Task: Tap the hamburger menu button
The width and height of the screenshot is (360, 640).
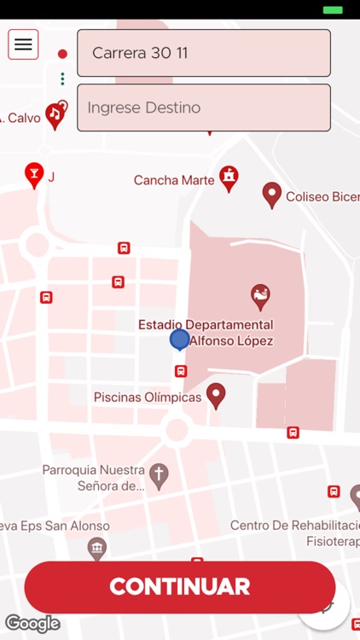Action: pos(23,44)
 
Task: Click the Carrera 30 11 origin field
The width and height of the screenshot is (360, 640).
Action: pos(203,53)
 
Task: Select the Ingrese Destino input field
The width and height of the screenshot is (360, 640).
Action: pos(203,108)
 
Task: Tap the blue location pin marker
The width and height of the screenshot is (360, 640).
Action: pos(179,340)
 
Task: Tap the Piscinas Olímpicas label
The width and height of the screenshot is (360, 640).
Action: pos(148,397)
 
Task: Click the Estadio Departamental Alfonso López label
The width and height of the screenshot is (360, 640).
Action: pos(206,333)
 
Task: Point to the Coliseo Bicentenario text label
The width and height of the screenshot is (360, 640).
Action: pos(322,197)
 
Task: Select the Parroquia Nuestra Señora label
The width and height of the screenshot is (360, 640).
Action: pos(93,478)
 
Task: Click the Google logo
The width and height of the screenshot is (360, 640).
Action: pos(32,623)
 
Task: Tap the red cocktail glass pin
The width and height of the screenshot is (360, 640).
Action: pos(34,174)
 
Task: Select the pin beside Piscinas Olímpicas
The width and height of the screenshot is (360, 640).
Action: pos(217,394)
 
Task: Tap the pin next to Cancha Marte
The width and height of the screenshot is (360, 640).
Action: pos(229,177)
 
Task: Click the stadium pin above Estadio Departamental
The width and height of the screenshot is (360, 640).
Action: pos(260,296)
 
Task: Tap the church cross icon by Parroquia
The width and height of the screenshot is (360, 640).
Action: pos(159,474)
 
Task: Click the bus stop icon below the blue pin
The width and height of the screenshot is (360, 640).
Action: pos(181,371)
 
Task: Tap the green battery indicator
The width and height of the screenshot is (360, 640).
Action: pos(333,9)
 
